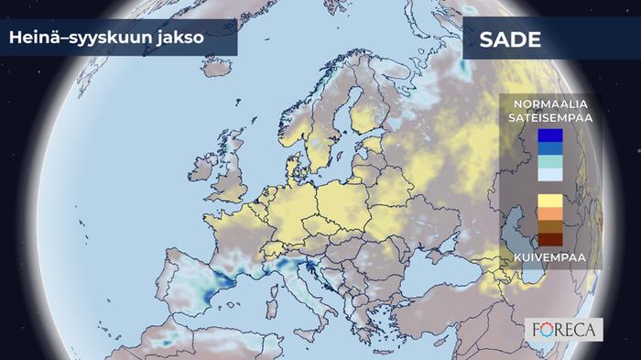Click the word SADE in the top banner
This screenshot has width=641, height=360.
[509, 40]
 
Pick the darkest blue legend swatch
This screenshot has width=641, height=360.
[550, 136]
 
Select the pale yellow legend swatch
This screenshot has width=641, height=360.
[550, 201]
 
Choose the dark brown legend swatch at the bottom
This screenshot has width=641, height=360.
[550, 239]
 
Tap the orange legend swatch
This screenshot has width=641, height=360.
[550, 213]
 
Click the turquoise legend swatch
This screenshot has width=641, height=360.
[550, 161]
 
